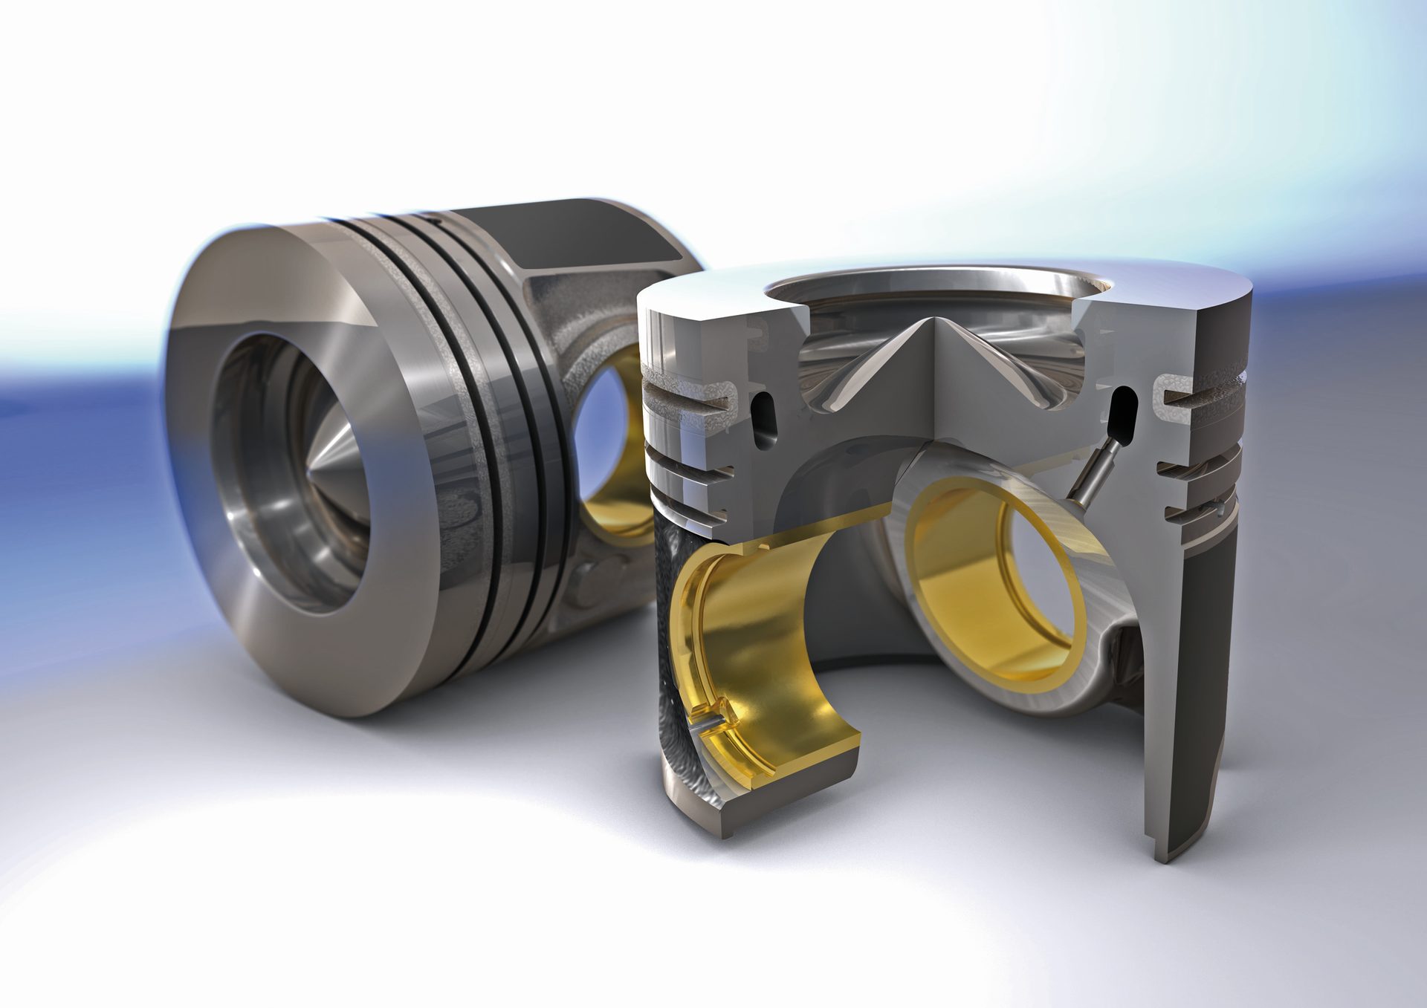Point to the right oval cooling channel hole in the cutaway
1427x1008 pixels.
pyautogui.click(x=1122, y=412)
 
